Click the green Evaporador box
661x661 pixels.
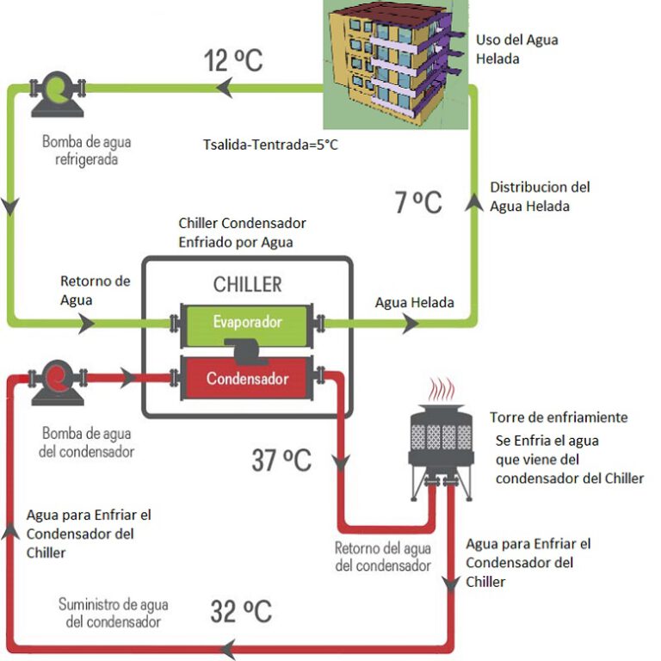pyautogui.click(x=247, y=322)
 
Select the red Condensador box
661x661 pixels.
pyautogui.click(x=247, y=377)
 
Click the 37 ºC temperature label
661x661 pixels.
pyautogui.click(x=281, y=460)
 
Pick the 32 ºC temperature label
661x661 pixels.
pyautogui.click(x=241, y=612)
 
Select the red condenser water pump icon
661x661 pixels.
pyautogui.click(x=58, y=379)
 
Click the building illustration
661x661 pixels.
pyautogui.click(x=395, y=65)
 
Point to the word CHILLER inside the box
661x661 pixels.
pyautogui.click(x=247, y=283)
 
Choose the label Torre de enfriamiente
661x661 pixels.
pyautogui.click(x=559, y=417)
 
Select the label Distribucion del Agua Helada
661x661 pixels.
pyautogui.click(x=540, y=196)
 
